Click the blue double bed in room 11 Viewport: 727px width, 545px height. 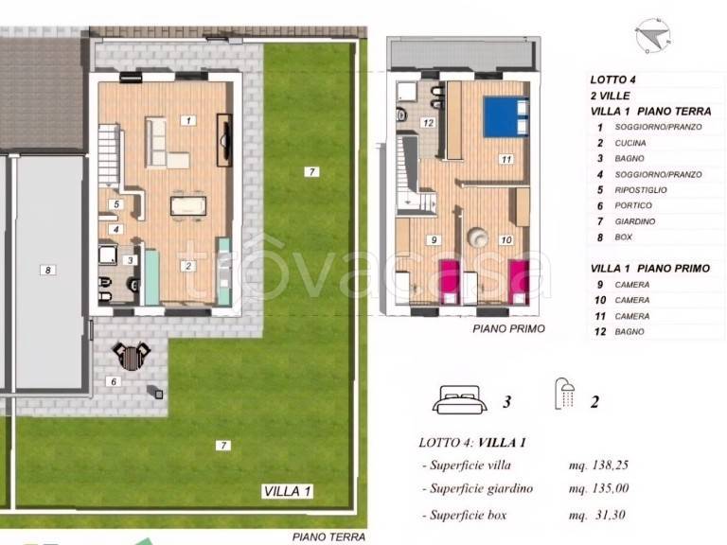505,116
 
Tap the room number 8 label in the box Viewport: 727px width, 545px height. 47,270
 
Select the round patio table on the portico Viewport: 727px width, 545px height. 132,357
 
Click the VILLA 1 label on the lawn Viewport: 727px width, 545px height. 287,491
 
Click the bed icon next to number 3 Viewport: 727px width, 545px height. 459,399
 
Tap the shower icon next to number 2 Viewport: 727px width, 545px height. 565,394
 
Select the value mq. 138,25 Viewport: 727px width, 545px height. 598,465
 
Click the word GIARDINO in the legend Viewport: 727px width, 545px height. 635,221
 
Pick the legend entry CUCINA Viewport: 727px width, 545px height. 630,143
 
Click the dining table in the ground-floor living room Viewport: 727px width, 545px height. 188,205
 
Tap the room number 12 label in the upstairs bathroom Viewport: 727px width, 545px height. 428,123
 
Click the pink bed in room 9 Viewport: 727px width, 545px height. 449,282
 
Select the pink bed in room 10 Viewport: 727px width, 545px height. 519,282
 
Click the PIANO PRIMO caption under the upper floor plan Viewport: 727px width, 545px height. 508,328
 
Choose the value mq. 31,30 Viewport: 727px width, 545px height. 597,515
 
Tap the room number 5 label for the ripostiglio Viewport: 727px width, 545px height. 116,204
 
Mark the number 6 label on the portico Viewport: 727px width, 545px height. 114,381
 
